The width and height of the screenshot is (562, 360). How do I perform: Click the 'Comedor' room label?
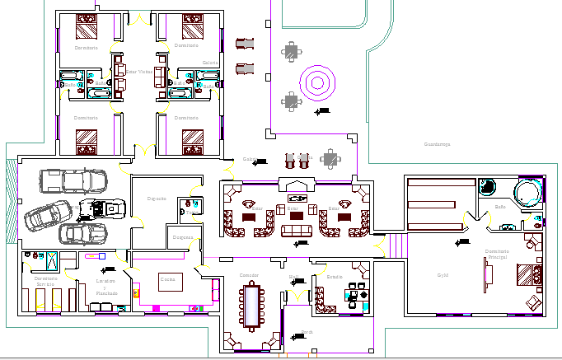tap(249, 274)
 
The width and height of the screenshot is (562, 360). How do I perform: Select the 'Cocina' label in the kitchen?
tap(167, 278)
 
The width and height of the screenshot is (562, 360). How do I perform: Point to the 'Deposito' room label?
tap(157, 199)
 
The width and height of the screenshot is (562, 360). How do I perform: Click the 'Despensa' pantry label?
tap(183, 238)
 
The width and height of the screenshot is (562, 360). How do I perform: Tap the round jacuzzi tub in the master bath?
tap(527, 191)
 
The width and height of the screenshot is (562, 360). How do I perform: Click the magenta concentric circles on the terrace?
tap(317, 82)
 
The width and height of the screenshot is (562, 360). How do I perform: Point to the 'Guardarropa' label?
tap(437, 144)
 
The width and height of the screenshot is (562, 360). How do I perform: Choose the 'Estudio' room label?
tap(334, 277)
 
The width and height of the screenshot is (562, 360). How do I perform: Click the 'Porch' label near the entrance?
tap(307, 332)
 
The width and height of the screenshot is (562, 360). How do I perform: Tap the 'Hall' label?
tap(294, 277)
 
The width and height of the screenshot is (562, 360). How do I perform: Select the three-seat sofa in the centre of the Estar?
tap(297, 229)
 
